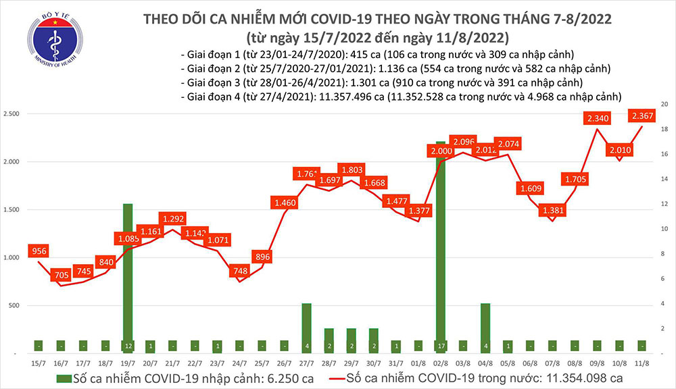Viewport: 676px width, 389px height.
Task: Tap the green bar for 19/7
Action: point(126,277)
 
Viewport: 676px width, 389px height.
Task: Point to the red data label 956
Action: point(39,252)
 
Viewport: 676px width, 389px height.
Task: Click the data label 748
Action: point(240,271)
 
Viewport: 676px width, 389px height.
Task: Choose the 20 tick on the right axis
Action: point(665,105)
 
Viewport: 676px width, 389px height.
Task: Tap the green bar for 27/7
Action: point(306,328)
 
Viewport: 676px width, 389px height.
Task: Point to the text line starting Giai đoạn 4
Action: point(402,97)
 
